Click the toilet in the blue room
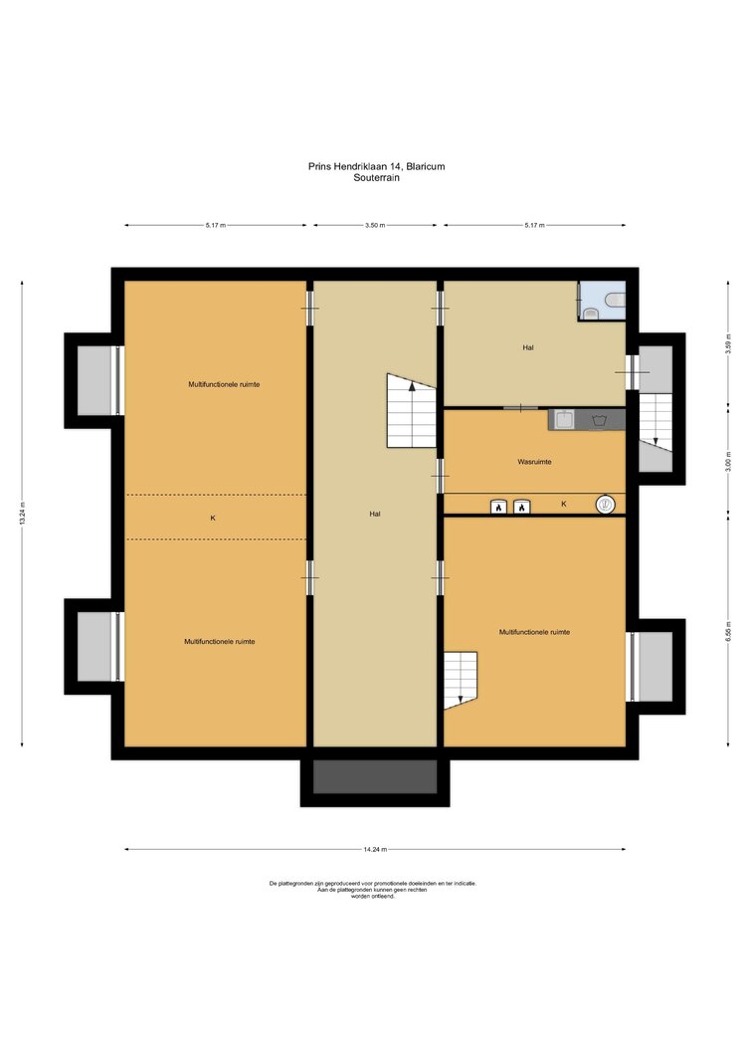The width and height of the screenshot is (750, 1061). [615, 299]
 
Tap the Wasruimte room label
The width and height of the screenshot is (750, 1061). [534, 462]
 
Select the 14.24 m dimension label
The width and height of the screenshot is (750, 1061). [375, 849]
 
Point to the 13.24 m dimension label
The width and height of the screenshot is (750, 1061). [22, 514]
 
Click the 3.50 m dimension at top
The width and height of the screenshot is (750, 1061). [375, 225]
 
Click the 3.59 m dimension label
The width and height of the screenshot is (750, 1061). [728, 344]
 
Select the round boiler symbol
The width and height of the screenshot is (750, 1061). [606, 504]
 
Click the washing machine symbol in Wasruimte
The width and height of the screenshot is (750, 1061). [598, 420]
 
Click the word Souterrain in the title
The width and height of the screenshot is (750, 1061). [376, 178]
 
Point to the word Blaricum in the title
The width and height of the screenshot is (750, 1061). [426, 166]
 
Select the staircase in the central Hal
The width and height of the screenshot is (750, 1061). [411, 411]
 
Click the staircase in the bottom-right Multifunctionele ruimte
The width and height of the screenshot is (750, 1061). [461, 680]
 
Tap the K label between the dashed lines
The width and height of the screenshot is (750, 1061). [213, 518]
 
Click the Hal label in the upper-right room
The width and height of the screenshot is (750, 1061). [528, 347]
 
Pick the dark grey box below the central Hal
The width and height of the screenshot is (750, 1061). [375, 776]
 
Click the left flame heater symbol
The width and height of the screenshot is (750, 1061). [498, 507]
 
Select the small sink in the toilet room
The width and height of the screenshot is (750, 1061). [591, 312]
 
